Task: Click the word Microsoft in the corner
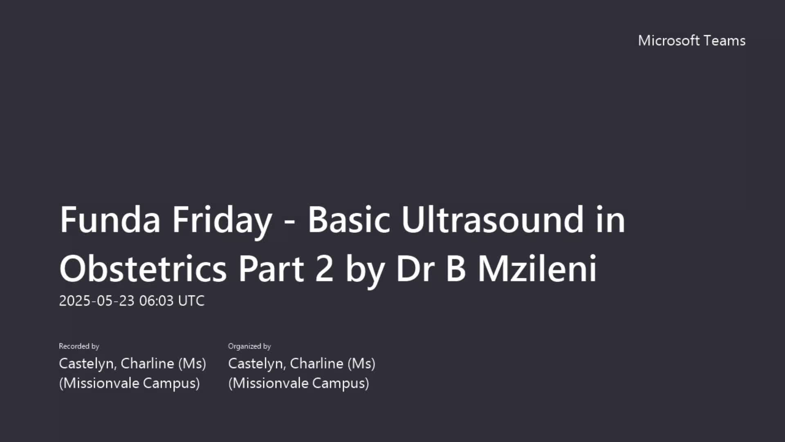(669, 41)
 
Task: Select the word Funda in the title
(110, 220)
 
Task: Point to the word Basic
(349, 220)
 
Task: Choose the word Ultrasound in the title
(492, 220)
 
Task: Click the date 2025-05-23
(96, 301)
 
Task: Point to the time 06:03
(156, 301)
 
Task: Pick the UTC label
(191, 301)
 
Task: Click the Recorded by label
(79, 346)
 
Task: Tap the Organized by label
(249, 346)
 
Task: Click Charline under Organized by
(317, 363)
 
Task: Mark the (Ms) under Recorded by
(192, 363)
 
